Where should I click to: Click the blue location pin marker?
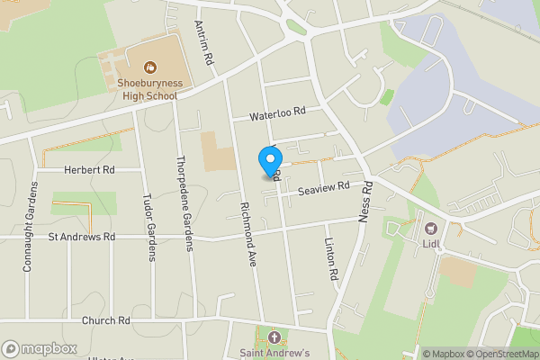pos(269,161)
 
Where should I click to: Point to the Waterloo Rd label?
pos(278,113)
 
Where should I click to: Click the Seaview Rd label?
pos(323,189)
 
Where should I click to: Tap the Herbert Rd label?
pos(89,169)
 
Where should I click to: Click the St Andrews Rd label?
pos(82,238)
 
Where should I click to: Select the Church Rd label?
pos(105,320)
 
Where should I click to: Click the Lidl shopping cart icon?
pos(430,229)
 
